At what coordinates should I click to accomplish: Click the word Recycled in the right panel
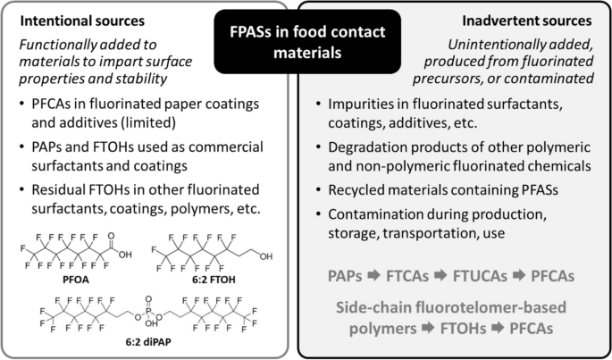365,192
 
